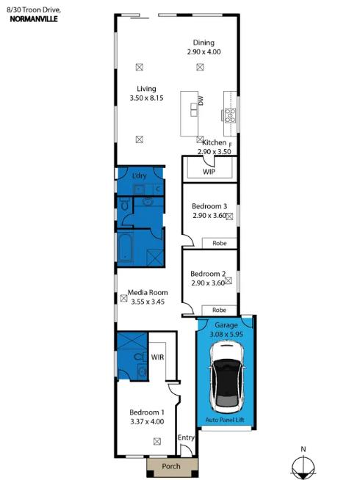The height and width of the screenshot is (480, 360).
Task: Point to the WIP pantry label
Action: [209, 172]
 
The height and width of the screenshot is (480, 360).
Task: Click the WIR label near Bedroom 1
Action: [157, 357]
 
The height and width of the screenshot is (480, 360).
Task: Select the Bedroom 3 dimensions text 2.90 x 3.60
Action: [208, 217]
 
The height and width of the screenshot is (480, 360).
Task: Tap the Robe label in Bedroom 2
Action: [219, 309]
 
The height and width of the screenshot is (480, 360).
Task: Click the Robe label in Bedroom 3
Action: [219, 242]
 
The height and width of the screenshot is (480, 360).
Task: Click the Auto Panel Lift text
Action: [225, 421]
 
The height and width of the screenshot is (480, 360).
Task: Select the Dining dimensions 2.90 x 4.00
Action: [204, 52]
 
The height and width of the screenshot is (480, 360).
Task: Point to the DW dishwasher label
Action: [200, 102]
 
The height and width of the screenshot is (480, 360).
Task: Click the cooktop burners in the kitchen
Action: [229, 114]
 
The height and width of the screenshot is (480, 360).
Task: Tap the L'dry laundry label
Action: [140, 177]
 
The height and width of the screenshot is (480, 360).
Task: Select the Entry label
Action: [187, 438]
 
